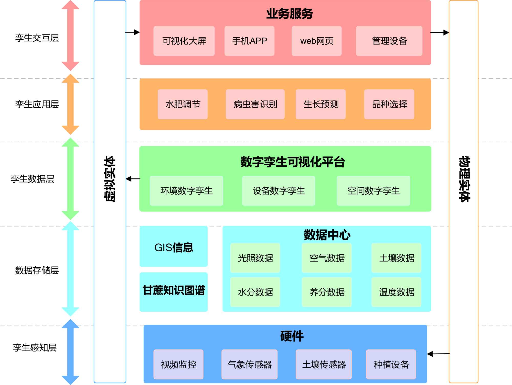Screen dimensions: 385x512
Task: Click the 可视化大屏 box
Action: [x=184, y=41]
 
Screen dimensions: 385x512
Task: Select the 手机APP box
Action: [x=249, y=41]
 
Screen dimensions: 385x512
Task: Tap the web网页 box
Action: [x=316, y=41]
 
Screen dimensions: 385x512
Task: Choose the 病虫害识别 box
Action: [x=255, y=104]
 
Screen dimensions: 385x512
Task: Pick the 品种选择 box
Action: [x=389, y=104]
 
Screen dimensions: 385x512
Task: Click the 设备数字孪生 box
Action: [x=279, y=191]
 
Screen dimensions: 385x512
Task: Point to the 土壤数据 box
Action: [x=396, y=258]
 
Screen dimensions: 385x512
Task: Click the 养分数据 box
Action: [x=327, y=292]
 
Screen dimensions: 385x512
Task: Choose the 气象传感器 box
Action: [x=249, y=364]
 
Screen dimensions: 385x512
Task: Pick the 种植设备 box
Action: [x=391, y=364]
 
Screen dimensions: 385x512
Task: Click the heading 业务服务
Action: [x=289, y=14]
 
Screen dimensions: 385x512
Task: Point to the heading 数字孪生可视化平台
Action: [x=292, y=162]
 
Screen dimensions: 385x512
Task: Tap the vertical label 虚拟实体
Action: [x=110, y=179]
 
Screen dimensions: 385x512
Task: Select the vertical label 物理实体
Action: [x=464, y=179]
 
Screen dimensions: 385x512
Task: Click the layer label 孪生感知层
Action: [x=35, y=347]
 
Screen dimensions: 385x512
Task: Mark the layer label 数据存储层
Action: [x=37, y=270]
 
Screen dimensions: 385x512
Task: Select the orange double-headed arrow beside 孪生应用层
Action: [x=70, y=104]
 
